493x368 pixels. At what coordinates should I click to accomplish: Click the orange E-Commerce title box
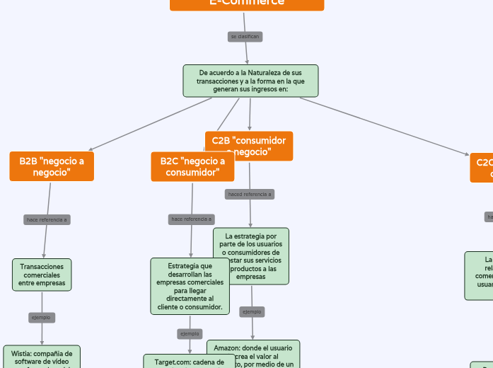coord(247,4)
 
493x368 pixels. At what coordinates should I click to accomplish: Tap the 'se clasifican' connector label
coord(245,36)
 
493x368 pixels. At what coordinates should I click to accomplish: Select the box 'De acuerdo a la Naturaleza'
coord(250,81)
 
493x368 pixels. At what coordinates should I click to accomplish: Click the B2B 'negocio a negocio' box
coord(52,166)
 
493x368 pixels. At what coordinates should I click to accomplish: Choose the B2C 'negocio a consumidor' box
coord(192,166)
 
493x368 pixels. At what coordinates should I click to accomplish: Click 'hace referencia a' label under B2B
coord(47,219)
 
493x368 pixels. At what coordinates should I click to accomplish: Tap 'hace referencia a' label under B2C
coord(192,219)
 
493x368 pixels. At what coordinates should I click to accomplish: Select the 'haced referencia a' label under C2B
coord(249,194)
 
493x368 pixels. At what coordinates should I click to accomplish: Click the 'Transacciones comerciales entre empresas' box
coord(42,275)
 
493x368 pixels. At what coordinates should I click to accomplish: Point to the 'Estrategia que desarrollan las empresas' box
coord(190,286)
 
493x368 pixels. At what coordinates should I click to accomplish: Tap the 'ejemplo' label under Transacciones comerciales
coord(40,318)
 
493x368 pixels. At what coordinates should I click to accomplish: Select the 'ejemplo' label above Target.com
coord(190,333)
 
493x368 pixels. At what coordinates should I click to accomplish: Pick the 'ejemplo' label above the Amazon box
coord(252,311)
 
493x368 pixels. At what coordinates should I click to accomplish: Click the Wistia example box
coord(42,357)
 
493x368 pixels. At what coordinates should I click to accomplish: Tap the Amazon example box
coord(253,355)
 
